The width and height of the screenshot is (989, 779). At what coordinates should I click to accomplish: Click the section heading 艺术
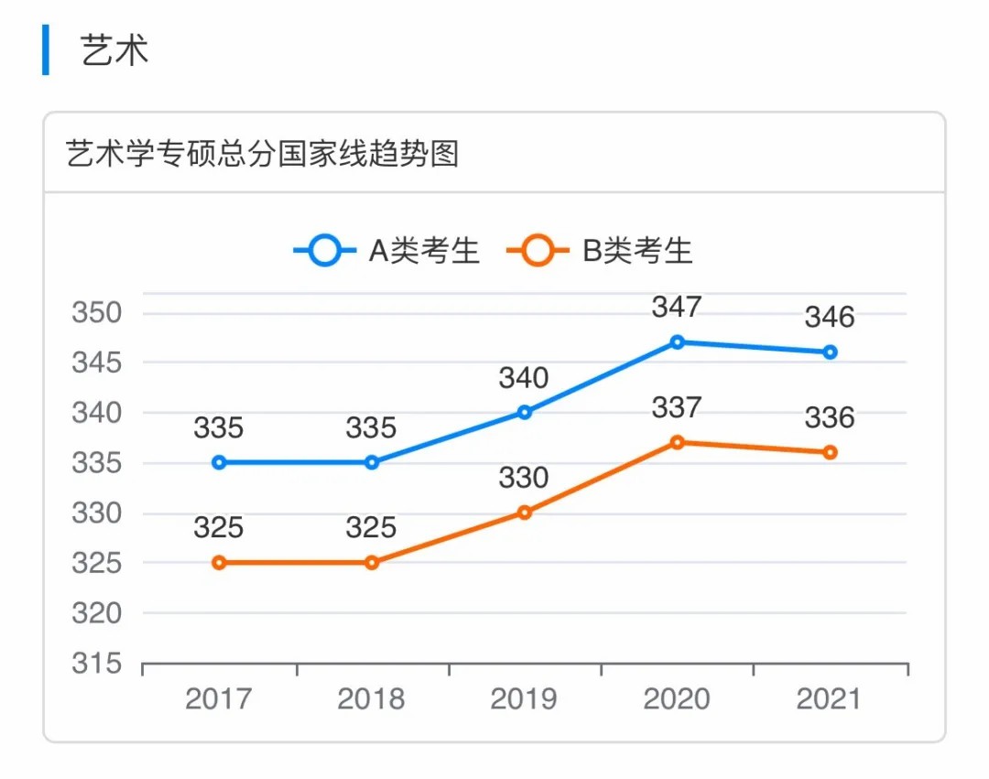tap(114, 50)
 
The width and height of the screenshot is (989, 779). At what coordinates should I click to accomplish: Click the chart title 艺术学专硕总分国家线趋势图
tap(262, 154)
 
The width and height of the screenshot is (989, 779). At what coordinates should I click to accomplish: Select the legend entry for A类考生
tap(387, 250)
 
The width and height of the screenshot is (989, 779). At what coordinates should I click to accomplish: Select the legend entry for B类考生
tap(601, 250)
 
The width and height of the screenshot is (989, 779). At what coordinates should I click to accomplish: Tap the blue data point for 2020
tap(677, 342)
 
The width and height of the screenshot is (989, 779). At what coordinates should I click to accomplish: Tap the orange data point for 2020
tap(677, 442)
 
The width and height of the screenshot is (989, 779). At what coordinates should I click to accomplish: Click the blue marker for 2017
tap(219, 462)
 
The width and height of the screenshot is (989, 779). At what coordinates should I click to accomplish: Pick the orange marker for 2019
tap(525, 513)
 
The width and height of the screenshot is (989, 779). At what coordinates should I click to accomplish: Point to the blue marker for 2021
tap(830, 352)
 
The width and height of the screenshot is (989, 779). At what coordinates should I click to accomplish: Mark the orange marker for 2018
tap(372, 563)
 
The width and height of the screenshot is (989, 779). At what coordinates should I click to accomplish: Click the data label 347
tap(677, 307)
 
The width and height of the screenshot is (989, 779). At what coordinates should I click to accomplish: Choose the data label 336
tap(830, 418)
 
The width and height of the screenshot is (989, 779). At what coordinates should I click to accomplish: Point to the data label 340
tap(524, 377)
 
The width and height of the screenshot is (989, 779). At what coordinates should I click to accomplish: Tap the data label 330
tap(524, 478)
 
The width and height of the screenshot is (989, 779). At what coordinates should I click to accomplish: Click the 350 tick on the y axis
tap(96, 313)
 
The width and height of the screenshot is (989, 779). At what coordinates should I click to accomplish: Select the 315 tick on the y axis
tap(96, 664)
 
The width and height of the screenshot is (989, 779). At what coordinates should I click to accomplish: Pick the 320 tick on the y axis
tap(96, 613)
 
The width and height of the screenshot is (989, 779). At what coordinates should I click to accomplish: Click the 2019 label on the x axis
tap(524, 699)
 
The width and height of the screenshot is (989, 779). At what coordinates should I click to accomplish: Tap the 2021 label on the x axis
tap(829, 699)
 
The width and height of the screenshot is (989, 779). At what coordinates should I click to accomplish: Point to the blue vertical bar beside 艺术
tap(46, 50)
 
